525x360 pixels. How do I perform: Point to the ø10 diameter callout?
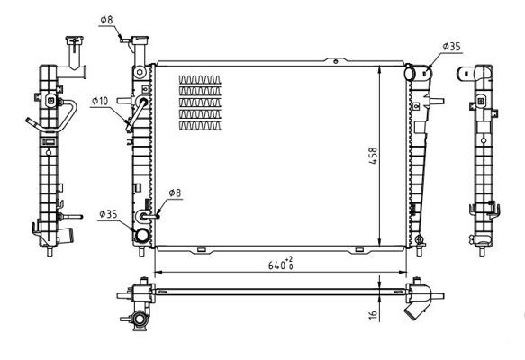99,101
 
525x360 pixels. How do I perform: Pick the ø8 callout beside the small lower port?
176,193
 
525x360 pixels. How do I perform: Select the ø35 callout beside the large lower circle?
108,214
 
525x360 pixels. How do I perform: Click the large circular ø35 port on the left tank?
140,236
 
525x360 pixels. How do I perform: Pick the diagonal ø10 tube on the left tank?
138,115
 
